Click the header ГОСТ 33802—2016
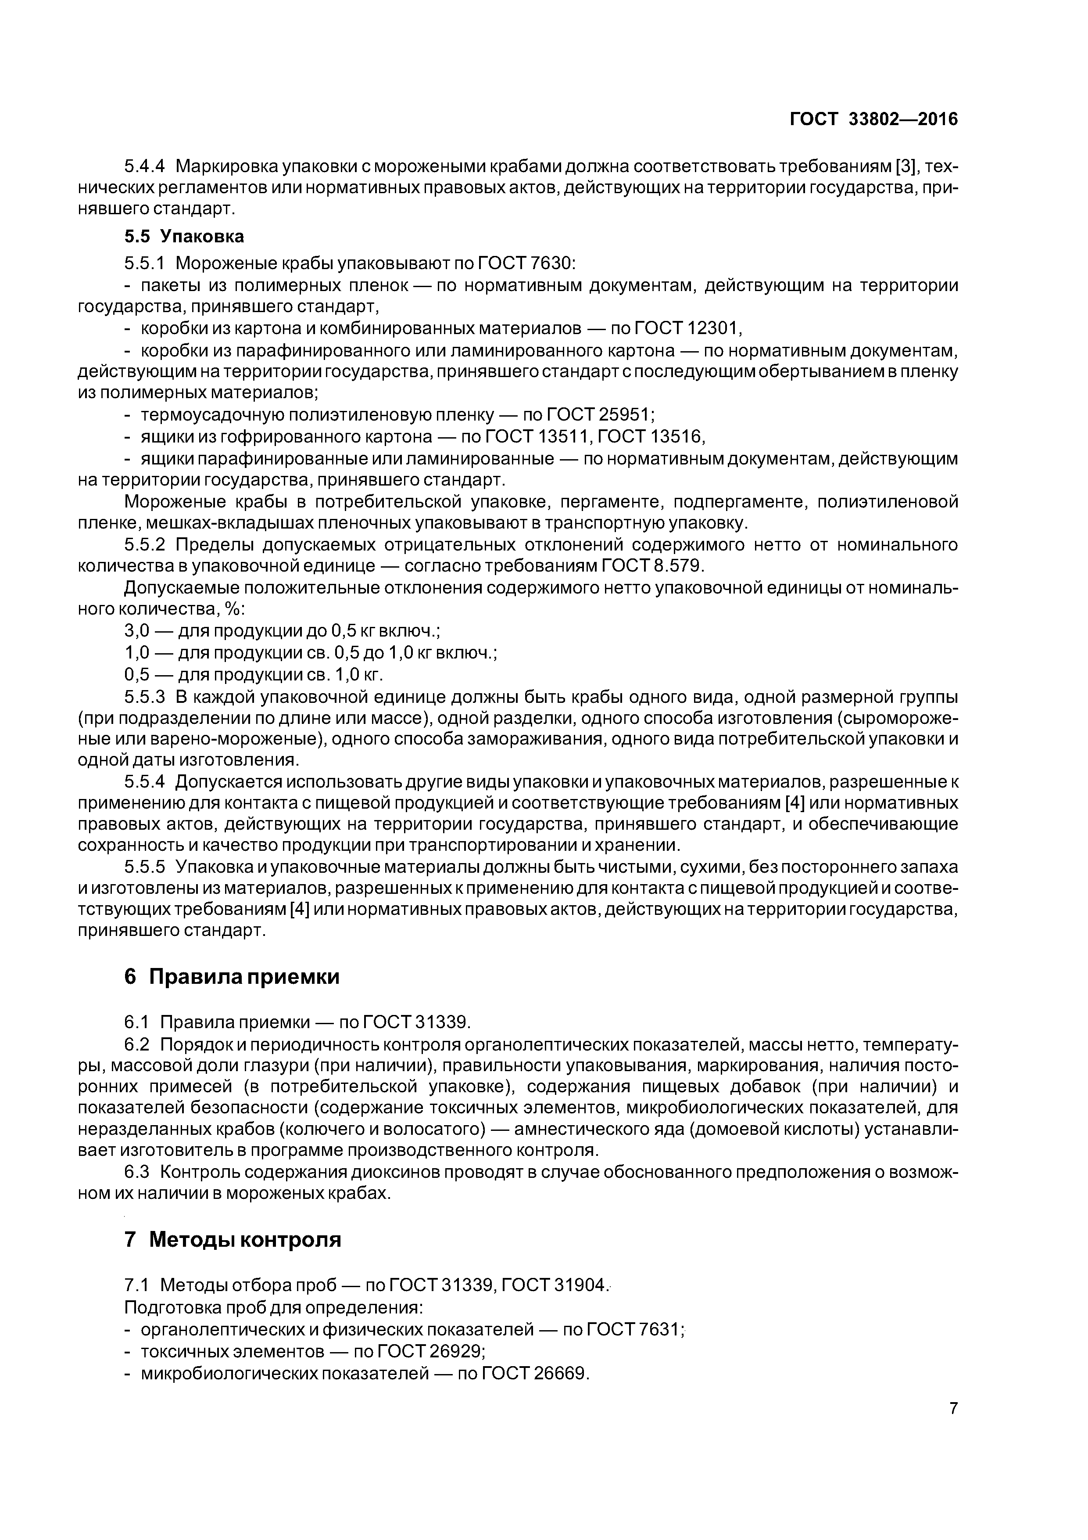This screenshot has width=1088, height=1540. coord(873,119)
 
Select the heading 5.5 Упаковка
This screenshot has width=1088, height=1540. coord(184,236)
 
